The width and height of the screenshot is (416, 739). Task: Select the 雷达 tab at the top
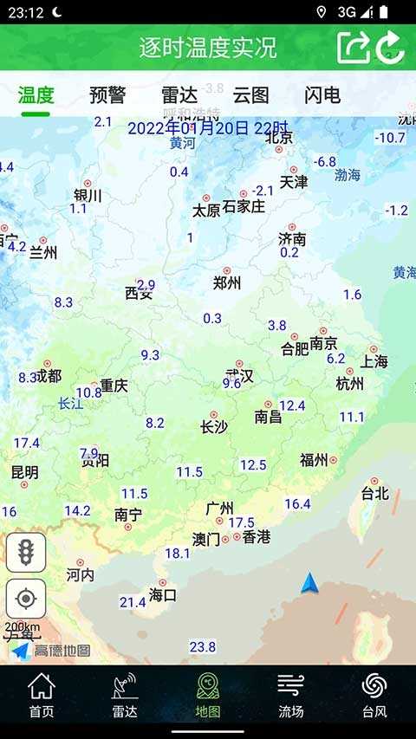pyautogui.click(x=179, y=95)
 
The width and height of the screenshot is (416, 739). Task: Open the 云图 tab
pyautogui.click(x=250, y=95)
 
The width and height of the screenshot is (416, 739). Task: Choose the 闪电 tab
pyautogui.click(x=322, y=95)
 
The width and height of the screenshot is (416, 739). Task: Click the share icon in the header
pyautogui.click(x=353, y=47)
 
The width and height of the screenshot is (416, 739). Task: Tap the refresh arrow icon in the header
pyautogui.click(x=390, y=47)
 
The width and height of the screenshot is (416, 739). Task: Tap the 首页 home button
pyautogui.click(x=42, y=695)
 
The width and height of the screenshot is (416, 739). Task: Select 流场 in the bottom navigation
pyautogui.click(x=291, y=695)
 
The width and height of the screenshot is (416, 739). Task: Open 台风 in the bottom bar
pyautogui.click(x=374, y=695)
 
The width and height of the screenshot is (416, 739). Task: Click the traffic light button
pyautogui.click(x=26, y=553)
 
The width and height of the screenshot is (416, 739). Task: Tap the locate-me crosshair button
pyautogui.click(x=26, y=600)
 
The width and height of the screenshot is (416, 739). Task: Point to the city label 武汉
pyautogui.click(x=239, y=377)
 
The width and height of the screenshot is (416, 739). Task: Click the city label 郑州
pyautogui.click(x=227, y=283)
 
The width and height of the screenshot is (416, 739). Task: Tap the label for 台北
pyautogui.click(x=375, y=494)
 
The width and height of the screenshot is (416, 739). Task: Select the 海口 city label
pyautogui.click(x=163, y=595)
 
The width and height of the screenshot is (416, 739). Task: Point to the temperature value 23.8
pyautogui.click(x=203, y=647)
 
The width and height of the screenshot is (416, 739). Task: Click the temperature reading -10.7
pyautogui.click(x=390, y=138)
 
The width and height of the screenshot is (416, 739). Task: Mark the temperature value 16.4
pyautogui.click(x=297, y=504)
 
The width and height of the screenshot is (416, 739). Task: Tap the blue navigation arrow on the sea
pyautogui.click(x=309, y=584)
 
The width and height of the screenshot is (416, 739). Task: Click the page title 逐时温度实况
pyautogui.click(x=208, y=48)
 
